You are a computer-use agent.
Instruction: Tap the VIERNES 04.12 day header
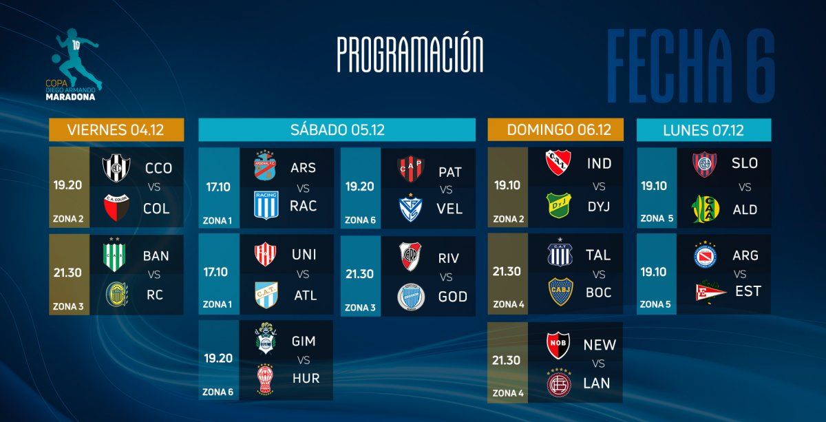click(116, 130)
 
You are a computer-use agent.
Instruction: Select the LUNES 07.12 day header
click(703, 130)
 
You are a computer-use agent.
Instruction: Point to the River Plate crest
click(410, 256)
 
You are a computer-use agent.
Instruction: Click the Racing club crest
click(266, 205)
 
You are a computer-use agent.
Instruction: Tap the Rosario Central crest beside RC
click(116, 295)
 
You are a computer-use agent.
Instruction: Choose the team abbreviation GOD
click(452, 297)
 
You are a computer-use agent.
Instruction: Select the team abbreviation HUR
click(306, 378)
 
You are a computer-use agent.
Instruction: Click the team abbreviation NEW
click(600, 345)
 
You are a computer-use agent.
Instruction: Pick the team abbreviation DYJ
click(599, 207)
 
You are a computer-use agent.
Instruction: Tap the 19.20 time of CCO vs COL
click(67, 184)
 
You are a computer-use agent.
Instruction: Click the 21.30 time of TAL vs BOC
click(507, 271)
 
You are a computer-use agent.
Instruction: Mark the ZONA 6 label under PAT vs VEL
click(360, 220)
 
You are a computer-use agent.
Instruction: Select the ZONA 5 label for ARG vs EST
click(655, 304)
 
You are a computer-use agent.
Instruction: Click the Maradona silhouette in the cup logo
click(76, 59)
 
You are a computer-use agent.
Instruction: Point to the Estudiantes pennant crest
click(710, 291)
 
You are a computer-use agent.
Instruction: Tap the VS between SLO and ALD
click(745, 187)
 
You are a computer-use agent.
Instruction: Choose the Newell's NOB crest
click(558, 346)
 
